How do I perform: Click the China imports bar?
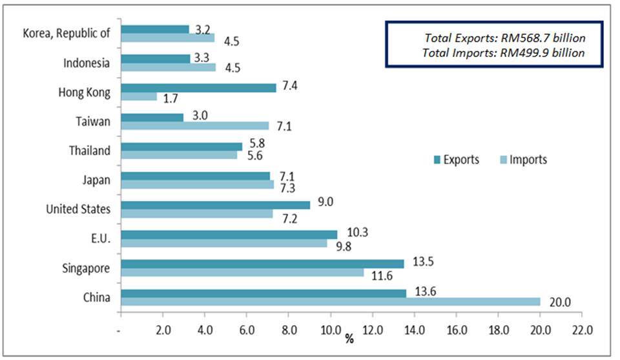coord(331,302)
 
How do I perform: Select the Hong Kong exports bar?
coord(198,87)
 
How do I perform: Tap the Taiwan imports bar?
coord(194,126)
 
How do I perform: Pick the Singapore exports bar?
coord(262,263)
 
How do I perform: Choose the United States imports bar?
coord(196,213)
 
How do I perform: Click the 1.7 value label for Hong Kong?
coord(171,99)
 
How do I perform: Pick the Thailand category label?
coord(90,151)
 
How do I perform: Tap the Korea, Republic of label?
coord(66,34)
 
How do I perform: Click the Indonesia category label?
coord(87,63)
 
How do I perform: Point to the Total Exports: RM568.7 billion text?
coord(504,37)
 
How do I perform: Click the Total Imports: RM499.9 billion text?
coord(503,53)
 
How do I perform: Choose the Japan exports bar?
coord(195,175)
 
